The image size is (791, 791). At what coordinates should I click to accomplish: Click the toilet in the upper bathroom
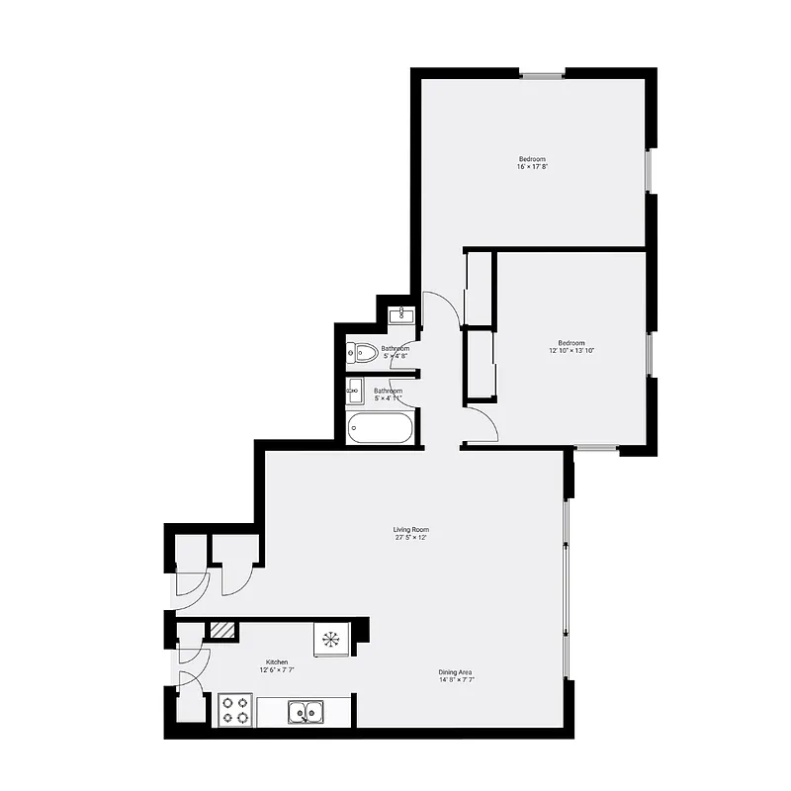pyautogui.click(x=362, y=351)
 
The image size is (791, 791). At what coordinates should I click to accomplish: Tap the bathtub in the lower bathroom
pyautogui.click(x=381, y=428)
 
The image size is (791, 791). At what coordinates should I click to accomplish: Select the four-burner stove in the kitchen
pyautogui.click(x=235, y=711)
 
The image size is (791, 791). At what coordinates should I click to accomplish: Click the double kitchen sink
pyautogui.click(x=306, y=711)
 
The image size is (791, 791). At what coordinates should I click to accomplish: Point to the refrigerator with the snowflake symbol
pyautogui.click(x=330, y=638)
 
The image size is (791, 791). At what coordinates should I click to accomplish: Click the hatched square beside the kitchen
pyautogui.click(x=222, y=630)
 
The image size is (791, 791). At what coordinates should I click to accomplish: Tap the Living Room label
pyautogui.click(x=411, y=530)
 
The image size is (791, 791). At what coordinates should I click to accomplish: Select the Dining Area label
pyautogui.click(x=456, y=672)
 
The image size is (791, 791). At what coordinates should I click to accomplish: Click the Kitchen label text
pyautogui.click(x=277, y=661)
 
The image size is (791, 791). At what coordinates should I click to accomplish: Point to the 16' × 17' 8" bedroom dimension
pyautogui.click(x=532, y=167)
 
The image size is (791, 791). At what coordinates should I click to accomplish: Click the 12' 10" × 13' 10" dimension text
pyautogui.click(x=571, y=351)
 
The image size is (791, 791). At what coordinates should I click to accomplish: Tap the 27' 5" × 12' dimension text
pyautogui.click(x=411, y=539)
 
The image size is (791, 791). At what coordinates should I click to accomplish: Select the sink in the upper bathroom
pyautogui.click(x=401, y=316)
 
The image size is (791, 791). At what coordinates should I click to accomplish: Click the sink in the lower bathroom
pyautogui.click(x=353, y=393)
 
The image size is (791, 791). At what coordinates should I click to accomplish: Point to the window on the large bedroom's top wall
pyautogui.click(x=543, y=73)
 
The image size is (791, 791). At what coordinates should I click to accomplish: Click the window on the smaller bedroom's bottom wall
pyautogui.click(x=597, y=448)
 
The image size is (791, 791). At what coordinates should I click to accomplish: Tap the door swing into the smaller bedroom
pyautogui.click(x=480, y=425)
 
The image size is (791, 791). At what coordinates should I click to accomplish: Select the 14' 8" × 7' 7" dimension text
pyautogui.click(x=456, y=681)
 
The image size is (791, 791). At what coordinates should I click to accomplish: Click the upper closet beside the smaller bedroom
pyautogui.click(x=479, y=289)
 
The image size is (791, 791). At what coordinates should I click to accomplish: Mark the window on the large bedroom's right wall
pyautogui.click(x=650, y=171)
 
